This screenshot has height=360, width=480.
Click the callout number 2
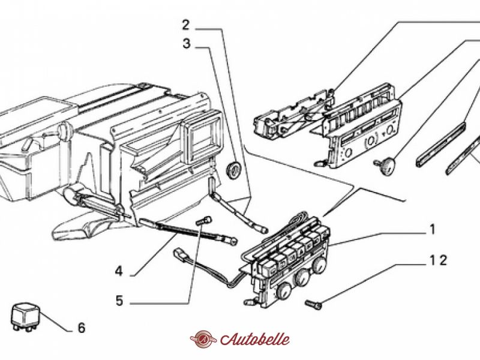pyautogui.click(x=186, y=25)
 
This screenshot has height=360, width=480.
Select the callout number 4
pyautogui.click(x=119, y=271)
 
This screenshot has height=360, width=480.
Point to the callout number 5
pyautogui.click(x=119, y=301)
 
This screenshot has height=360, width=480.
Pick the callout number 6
pyautogui.click(x=81, y=328)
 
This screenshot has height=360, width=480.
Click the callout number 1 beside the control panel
pyautogui.click(x=431, y=230)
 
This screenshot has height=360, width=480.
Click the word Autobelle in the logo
pyautogui.click(x=254, y=339)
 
